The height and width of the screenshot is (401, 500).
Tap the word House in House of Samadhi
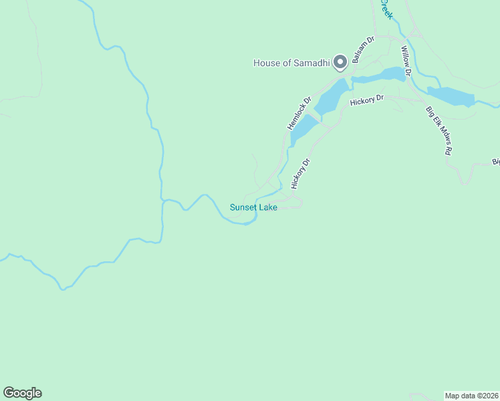coord(266,63)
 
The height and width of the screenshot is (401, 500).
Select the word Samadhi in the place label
coord(314,63)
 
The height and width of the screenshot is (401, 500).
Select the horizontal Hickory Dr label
coord(367,99)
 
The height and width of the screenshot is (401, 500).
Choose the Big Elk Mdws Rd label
coord(437,131)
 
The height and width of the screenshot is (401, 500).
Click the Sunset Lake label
coord(253,207)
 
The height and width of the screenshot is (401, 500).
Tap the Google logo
coord(22,393)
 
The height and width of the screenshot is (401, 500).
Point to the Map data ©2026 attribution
coord(471,395)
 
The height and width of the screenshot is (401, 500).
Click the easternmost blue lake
coord(450,96)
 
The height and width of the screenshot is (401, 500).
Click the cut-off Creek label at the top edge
coord(385,8)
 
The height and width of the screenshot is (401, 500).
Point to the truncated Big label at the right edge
coord(495,161)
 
